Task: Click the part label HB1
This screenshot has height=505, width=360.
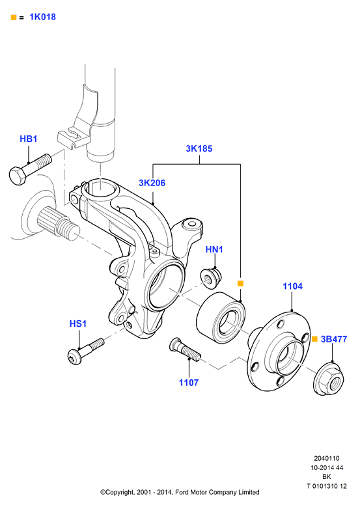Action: pos(29,139)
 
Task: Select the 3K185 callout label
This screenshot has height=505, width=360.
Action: pos(199,148)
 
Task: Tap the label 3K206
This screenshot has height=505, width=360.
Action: pos(152,183)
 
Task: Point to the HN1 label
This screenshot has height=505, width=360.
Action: pos(214,249)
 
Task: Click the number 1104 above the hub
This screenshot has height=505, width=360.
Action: pos(292,286)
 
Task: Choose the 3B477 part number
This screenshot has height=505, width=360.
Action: pos(334,339)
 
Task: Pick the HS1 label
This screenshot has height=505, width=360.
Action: pos(78,323)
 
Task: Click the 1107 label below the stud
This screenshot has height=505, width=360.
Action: pos(189,383)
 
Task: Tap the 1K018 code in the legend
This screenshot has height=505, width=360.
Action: pos(42,17)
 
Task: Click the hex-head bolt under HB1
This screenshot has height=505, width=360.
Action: pos(30,169)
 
